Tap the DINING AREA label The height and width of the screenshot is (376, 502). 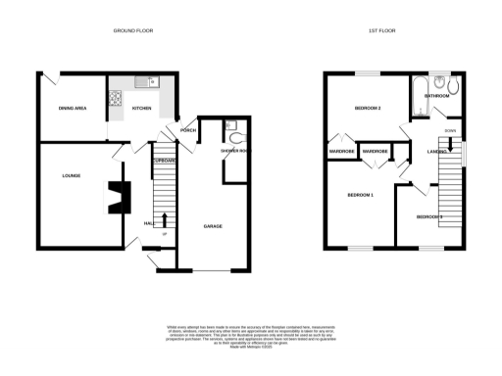pyautogui.click(x=74, y=108)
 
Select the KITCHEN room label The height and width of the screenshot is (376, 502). pyautogui.click(x=141, y=108)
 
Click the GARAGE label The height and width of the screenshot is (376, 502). pyautogui.click(x=212, y=226)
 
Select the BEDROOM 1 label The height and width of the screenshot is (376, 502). pyautogui.click(x=360, y=196)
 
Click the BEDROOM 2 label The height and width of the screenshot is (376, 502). pyautogui.click(x=367, y=108)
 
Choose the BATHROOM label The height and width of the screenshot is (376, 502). pyautogui.click(x=437, y=96)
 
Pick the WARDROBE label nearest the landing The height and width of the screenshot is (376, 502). pyautogui.click(x=376, y=152)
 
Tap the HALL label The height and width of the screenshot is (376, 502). pyautogui.click(x=149, y=223)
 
